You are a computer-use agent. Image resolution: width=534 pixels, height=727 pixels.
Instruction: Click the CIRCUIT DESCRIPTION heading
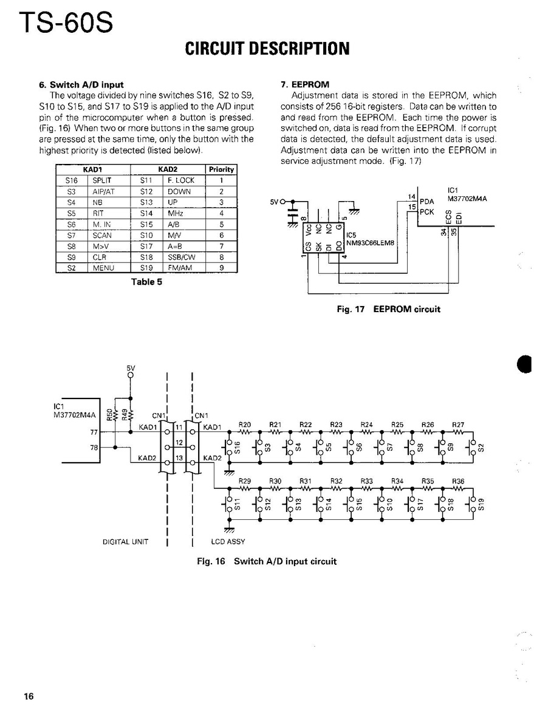tap(267, 49)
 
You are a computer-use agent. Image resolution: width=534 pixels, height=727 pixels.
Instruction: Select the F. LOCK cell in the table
tap(181, 180)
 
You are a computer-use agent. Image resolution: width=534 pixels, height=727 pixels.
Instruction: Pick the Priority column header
tap(221, 169)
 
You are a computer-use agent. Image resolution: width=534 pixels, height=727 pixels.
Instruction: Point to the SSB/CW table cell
tap(180, 256)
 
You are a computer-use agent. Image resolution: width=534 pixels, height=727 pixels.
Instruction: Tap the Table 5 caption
tap(146, 281)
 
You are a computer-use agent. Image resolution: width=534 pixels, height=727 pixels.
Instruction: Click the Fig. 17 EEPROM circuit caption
tap(388, 309)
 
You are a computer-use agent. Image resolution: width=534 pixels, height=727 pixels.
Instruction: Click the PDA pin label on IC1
tap(427, 200)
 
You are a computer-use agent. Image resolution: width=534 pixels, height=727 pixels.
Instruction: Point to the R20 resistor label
tap(244, 425)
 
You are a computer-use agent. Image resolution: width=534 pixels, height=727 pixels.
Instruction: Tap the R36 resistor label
tap(458, 481)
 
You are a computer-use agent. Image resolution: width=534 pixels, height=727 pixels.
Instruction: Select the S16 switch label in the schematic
tap(238, 448)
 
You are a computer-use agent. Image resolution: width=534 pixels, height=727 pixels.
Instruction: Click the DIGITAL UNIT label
tap(125, 541)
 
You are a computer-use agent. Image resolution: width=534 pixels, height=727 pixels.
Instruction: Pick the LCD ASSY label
tap(228, 541)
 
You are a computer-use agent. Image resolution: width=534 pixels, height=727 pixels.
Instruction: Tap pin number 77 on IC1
tap(94, 432)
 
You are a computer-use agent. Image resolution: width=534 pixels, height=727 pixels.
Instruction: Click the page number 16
tap(29, 696)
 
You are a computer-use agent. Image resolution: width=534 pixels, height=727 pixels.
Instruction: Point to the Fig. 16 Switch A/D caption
tap(267, 561)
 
